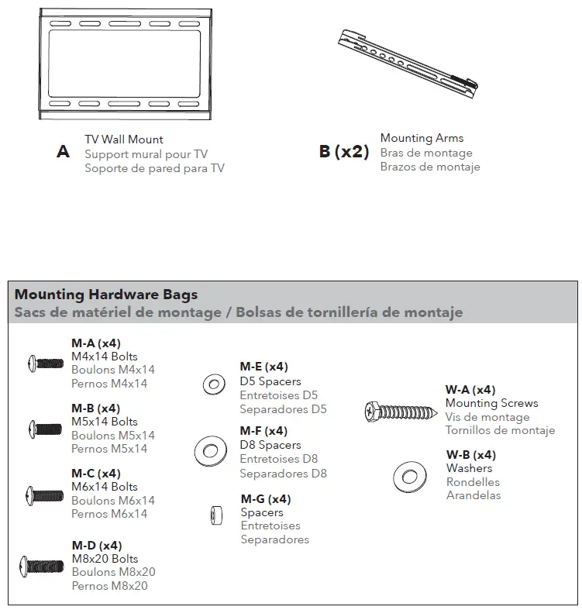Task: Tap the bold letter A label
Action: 63,153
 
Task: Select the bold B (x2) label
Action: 344,151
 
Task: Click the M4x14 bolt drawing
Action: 45,361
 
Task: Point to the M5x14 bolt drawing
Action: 45,427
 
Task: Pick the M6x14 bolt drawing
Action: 45,493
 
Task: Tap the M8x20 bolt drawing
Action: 43,566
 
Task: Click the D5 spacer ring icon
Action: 212,383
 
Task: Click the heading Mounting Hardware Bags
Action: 106,295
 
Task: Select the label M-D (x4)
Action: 97,546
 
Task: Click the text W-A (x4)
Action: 470,390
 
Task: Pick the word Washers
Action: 469,468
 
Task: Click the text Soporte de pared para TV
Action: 154,168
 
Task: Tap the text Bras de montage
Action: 426,153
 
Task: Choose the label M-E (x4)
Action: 263,367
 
